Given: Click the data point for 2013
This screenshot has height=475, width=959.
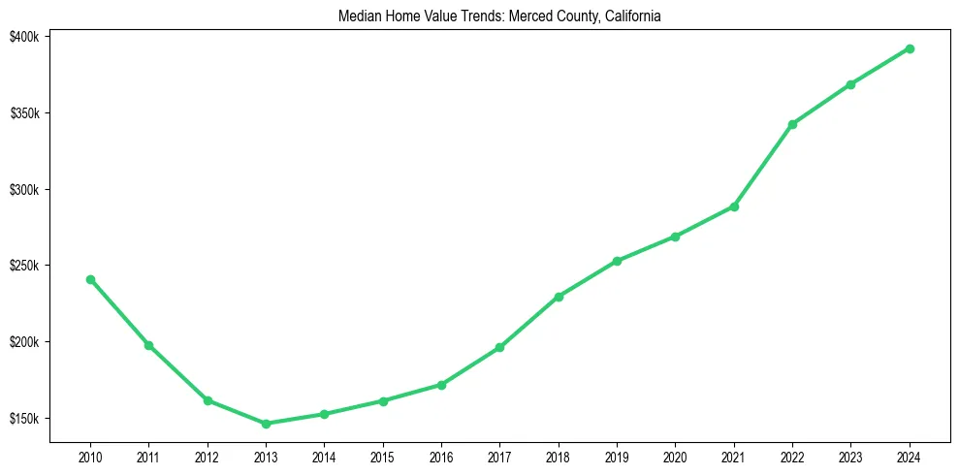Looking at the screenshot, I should click(266, 424).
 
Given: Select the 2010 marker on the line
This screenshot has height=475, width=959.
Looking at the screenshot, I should click(90, 279).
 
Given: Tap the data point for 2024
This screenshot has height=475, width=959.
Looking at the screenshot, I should click(910, 48).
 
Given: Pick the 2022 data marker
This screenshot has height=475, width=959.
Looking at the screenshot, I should click(792, 124).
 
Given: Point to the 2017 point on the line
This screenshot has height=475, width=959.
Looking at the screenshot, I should click(499, 347).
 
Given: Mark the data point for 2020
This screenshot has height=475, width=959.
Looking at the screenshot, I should click(675, 237).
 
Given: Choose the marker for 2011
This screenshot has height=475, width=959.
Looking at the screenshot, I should click(148, 345).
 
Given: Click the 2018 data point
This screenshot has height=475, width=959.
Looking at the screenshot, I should click(559, 297).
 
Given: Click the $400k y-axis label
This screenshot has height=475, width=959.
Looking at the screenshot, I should click(24, 37).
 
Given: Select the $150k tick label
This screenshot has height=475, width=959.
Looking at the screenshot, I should click(24, 419).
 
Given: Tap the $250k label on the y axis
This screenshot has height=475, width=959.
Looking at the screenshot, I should click(24, 266).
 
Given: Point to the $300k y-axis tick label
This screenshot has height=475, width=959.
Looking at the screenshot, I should click(24, 190).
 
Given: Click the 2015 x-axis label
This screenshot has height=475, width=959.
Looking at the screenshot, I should click(383, 457).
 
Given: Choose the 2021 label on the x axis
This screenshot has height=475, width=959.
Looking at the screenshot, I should click(734, 457).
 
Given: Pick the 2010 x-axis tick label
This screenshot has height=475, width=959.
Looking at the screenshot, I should click(90, 457).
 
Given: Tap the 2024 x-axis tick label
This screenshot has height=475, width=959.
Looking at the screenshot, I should click(910, 457).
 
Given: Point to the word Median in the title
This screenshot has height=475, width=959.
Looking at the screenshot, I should click(358, 16).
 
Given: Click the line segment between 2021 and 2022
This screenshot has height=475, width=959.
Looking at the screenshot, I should click(763, 165).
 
